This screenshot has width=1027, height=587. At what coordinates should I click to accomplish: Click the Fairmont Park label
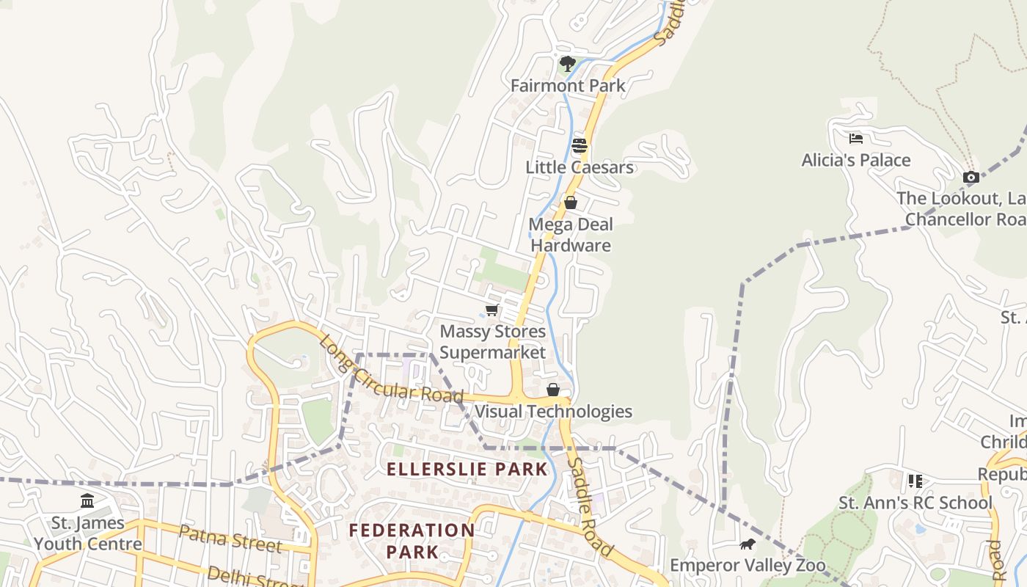(x=568, y=86)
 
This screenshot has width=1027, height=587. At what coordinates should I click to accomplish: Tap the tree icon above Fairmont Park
(x=567, y=64)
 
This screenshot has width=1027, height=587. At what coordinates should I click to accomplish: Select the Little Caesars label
(x=579, y=167)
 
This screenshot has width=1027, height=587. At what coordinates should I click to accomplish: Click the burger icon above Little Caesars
(x=580, y=145)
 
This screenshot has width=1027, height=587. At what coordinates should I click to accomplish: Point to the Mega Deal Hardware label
(x=571, y=235)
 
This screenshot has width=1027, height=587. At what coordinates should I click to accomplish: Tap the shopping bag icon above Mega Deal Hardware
(x=570, y=203)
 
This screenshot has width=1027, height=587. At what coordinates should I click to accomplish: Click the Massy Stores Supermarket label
(x=492, y=342)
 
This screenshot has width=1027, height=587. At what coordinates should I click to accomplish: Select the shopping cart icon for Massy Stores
(x=491, y=310)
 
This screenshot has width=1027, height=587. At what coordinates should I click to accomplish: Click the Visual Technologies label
(x=552, y=411)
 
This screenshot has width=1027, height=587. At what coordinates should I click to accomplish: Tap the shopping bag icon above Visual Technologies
(x=553, y=390)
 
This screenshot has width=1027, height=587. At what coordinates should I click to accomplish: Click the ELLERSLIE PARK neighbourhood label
(x=467, y=470)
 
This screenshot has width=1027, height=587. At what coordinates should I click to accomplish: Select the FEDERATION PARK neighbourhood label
(x=412, y=541)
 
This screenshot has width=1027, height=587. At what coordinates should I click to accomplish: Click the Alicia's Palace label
(x=855, y=160)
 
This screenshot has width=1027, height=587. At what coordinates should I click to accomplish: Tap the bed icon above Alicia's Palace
(x=855, y=138)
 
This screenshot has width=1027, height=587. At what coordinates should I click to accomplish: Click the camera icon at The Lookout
(x=971, y=177)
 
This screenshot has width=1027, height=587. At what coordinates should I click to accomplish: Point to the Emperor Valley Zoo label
(x=748, y=566)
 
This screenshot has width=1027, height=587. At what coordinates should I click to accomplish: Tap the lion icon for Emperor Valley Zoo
(x=748, y=544)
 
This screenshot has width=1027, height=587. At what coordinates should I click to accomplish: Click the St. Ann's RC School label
(x=915, y=503)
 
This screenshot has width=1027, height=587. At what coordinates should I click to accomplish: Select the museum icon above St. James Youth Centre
(x=87, y=501)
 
